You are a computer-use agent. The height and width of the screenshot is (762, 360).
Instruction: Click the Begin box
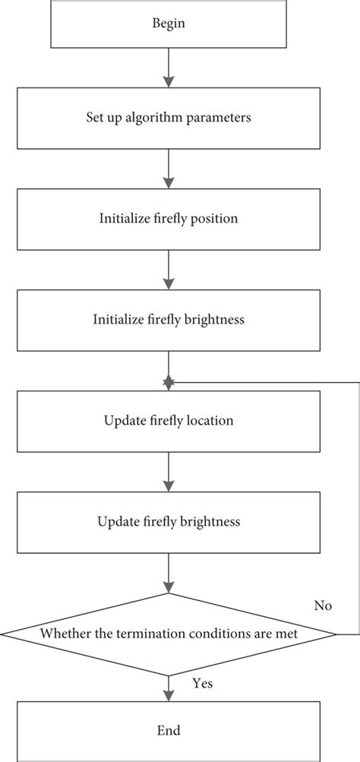pos(169,24)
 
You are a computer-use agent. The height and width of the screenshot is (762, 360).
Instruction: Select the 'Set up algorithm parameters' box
pos(169,118)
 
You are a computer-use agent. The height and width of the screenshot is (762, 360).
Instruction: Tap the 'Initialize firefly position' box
pos(169,219)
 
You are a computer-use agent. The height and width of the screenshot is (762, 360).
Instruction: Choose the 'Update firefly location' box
pos(169,420)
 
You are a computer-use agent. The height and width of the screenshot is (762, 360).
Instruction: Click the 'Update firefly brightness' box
pos(169,522)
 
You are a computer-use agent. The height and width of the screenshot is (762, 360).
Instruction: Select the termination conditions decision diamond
pos(169,633)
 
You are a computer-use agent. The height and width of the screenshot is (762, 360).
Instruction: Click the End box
pos(169,731)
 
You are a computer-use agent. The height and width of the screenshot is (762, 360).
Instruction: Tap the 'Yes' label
pos(203,683)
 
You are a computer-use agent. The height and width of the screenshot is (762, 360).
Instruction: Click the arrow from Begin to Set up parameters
pos(169,70)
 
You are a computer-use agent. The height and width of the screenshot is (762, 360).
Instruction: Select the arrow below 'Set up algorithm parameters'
pos(169,169)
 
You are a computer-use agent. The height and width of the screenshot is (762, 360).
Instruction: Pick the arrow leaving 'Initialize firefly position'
pos(169,270)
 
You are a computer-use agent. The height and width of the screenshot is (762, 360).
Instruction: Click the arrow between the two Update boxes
pos(169,471)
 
